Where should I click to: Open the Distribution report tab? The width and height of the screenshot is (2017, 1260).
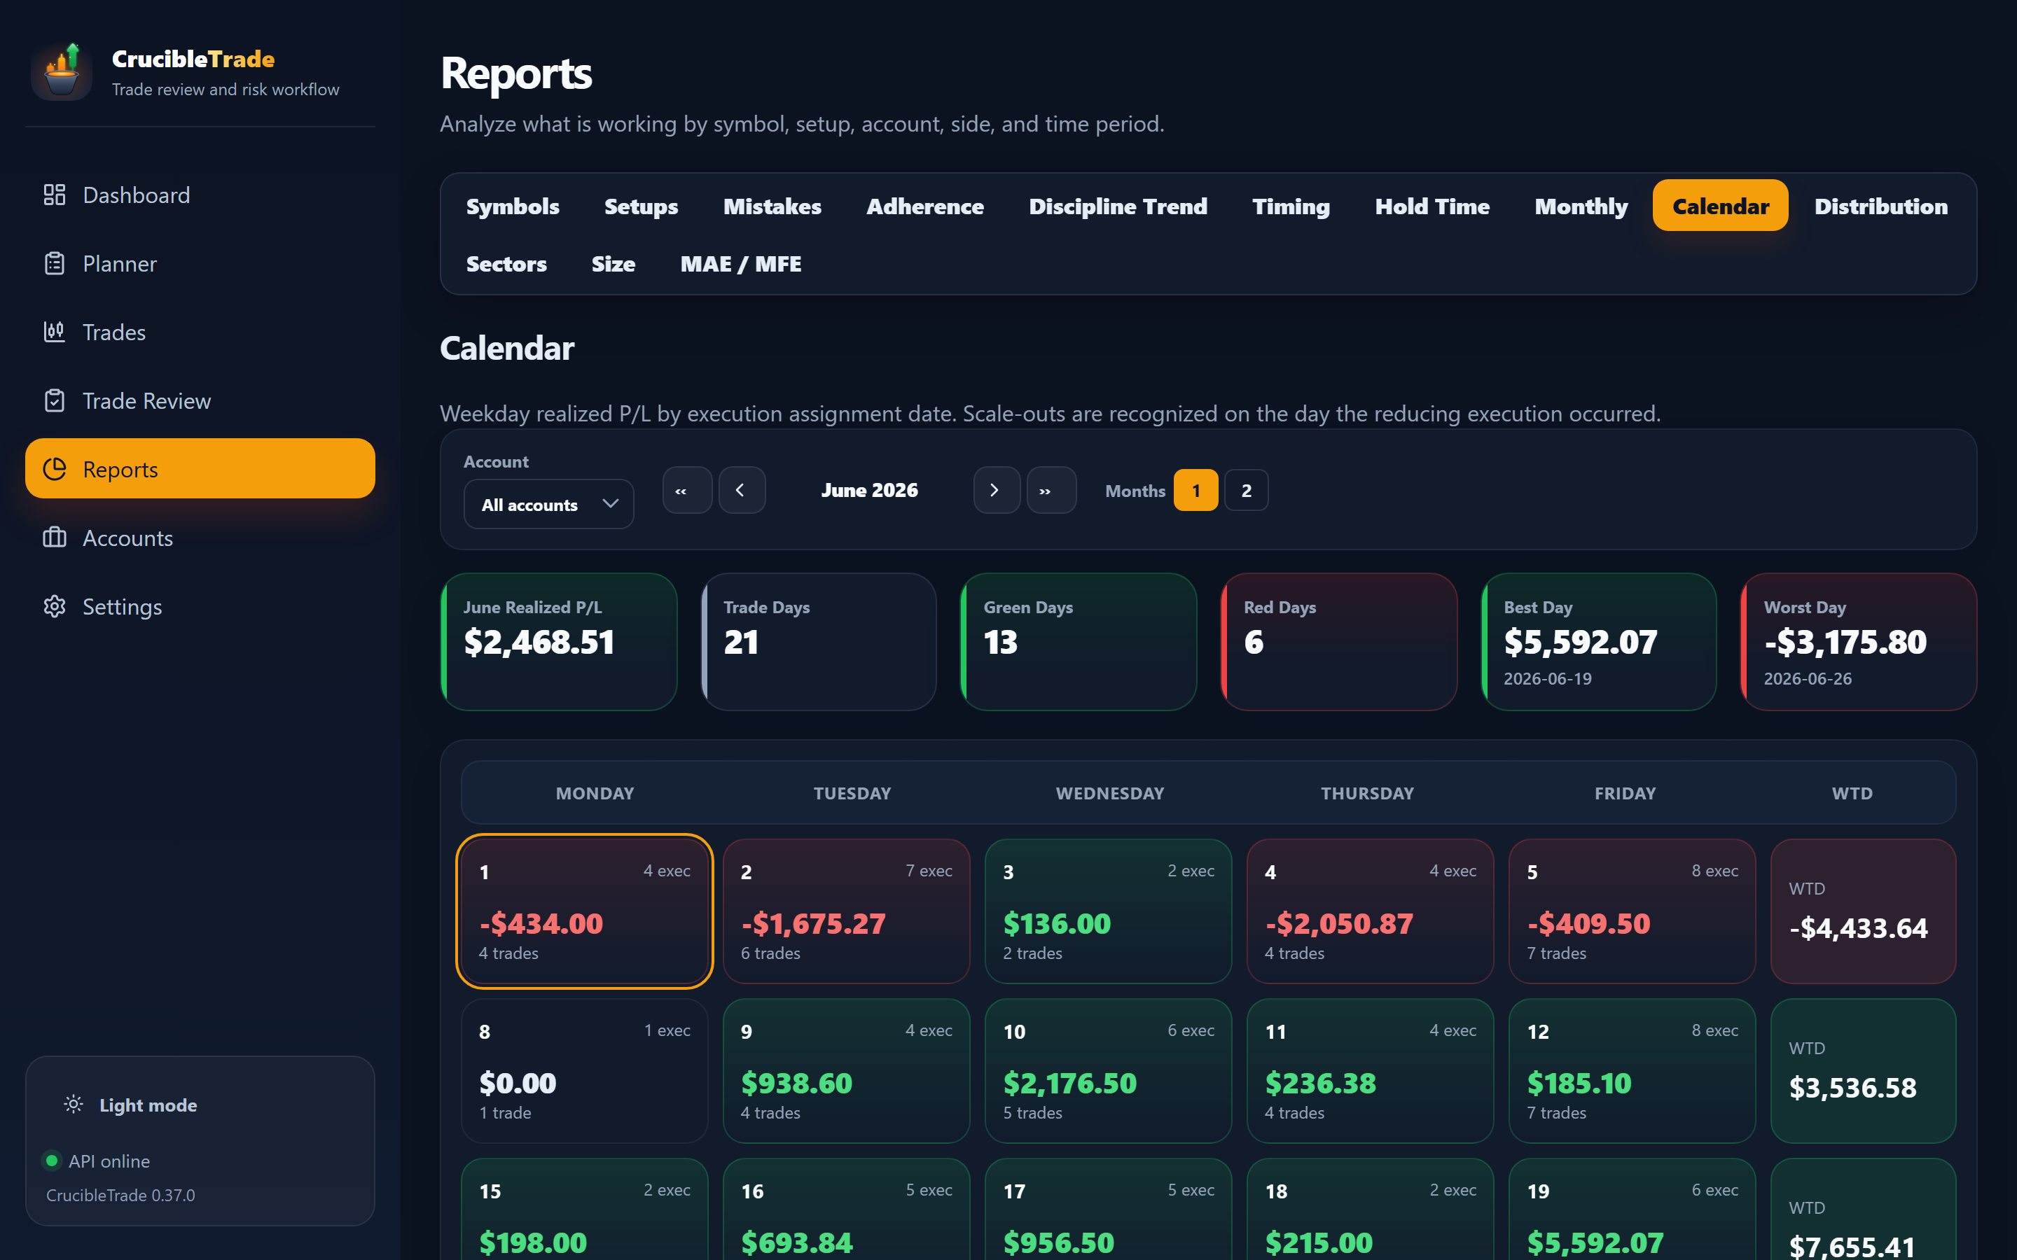click(1880, 206)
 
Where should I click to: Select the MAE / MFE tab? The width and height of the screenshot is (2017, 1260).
click(740, 264)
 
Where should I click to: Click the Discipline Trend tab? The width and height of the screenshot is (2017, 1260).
click(1118, 206)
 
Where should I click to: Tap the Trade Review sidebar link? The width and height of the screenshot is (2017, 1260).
click(146, 401)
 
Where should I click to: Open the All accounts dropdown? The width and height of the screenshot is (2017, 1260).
click(548, 504)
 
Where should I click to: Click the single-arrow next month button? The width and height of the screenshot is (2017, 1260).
click(995, 490)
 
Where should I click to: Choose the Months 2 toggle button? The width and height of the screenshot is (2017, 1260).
click(1246, 490)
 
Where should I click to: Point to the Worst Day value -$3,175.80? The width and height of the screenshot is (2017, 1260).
click(1845, 642)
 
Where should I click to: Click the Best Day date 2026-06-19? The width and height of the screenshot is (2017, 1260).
click(1548, 679)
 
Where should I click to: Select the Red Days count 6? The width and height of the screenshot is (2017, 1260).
click(1254, 642)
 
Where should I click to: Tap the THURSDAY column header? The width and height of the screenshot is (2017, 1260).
click(1367, 793)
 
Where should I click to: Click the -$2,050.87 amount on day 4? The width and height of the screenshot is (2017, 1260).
click(1338, 923)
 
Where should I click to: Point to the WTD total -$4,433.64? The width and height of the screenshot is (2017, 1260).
click(1859, 928)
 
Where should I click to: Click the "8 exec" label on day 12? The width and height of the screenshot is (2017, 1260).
click(1714, 1031)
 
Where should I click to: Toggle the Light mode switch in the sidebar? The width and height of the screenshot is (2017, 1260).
click(131, 1105)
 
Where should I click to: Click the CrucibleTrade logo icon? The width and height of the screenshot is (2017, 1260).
click(62, 71)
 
